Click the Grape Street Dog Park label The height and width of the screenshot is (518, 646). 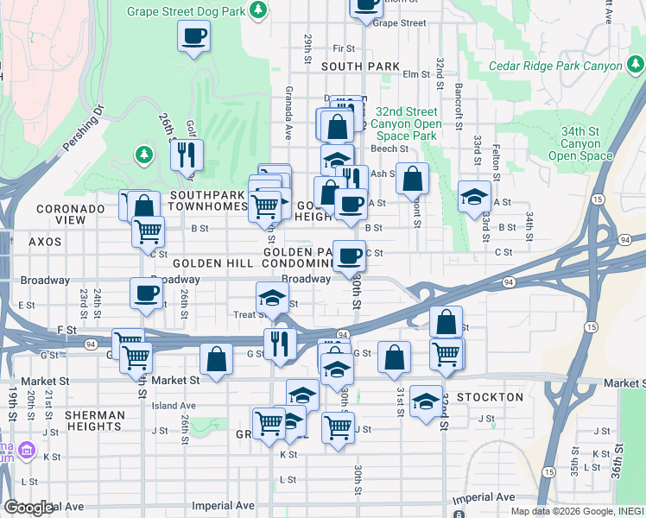[186, 12]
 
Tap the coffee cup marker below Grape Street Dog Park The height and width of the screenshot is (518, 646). [193, 37]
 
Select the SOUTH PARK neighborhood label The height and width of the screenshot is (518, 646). [360, 66]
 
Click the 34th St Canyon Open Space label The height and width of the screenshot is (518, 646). [579, 143]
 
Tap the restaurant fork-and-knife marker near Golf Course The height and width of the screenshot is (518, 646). [187, 155]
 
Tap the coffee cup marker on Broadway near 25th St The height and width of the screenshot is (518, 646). [145, 293]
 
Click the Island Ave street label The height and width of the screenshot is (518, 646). [174, 406]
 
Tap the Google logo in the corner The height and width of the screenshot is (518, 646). [28, 508]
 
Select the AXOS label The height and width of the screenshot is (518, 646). [45, 243]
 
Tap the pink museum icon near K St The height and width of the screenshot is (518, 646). [26, 451]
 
